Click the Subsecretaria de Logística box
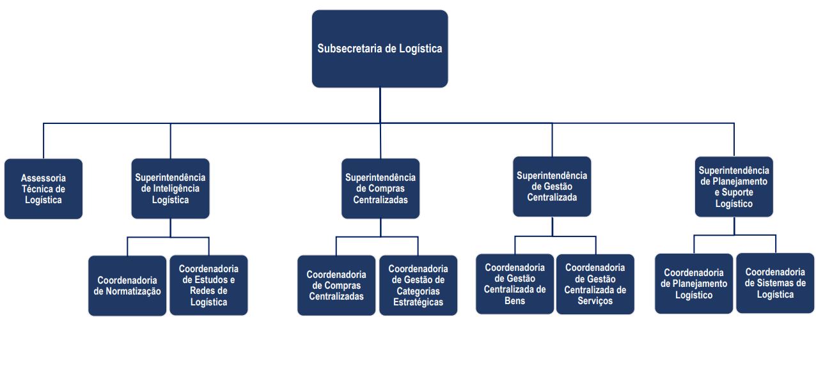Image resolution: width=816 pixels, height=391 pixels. pyautogui.click(x=380, y=49)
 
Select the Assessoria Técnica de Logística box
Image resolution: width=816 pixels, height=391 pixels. pyautogui.click(x=43, y=189)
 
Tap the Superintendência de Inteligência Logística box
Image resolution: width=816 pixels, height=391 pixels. pyautogui.click(x=171, y=188)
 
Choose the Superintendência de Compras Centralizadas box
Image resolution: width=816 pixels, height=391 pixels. pyautogui.click(x=381, y=188)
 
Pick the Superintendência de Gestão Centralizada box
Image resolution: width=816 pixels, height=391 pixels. pyautogui.click(x=552, y=187)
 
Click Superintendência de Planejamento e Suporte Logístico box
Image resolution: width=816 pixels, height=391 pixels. pyautogui.click(x=734, y=187)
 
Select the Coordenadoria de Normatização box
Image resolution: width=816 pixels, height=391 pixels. pyautogui.click(x=127, y=286)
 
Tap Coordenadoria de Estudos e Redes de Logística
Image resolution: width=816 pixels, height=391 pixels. pyautogui.click(x=208, y=286)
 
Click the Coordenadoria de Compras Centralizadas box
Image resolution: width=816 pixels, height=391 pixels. pyautogui.click(x=336, y=286)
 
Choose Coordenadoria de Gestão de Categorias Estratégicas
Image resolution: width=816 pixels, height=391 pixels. pyautogui.click(x=418, y=286)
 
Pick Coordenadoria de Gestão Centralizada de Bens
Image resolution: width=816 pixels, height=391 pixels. pyautogui.click(x=515, y=284)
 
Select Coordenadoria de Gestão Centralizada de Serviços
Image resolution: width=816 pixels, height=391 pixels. pyautogui.click(x=595, y=284)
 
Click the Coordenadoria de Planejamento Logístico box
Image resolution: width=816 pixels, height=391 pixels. pyautogui.click(x=694, y=284)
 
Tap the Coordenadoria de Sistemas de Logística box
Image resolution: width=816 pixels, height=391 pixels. pyautogui.click(x=775, y=283)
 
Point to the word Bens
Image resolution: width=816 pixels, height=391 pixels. pyautogui.click(x=515, y=300)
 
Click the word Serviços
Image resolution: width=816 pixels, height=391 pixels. pyautogui.click(x=595, y=300)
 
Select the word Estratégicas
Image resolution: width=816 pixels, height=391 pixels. pyautogui.click(x=418, y=302)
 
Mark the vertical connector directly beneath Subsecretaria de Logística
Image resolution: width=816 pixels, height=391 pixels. pyautogui.click(x=380, y=105)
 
